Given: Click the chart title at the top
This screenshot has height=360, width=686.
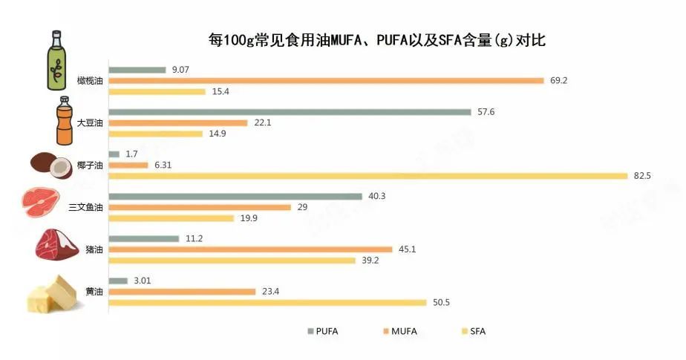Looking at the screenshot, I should [x=376, y=40].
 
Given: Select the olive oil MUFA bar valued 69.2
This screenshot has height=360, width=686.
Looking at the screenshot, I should [x=327, y=81].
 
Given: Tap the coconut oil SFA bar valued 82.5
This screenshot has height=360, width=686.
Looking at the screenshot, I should [x=368, y=176].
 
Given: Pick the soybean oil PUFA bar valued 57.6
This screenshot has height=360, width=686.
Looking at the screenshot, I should [x=290, y=112].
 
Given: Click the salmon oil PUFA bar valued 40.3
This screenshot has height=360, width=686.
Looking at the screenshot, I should [x=236, y=197].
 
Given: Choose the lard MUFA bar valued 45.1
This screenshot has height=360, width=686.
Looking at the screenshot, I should [x=250, y=249].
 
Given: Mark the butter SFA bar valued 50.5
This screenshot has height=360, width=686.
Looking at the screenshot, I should [x=267, y=303].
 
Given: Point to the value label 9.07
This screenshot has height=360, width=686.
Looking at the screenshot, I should [x=181, y=70].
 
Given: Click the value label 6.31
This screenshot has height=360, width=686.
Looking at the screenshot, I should [x=162, y=165].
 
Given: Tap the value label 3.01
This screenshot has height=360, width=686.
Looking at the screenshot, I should [x=142, y=281].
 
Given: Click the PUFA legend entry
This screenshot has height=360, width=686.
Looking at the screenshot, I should [x=322, y=331].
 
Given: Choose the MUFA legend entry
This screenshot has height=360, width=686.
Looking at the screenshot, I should [x=399, y=331].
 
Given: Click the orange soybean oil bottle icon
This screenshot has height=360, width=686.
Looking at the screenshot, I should [x=62, y=122].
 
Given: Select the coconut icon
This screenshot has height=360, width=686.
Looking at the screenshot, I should [x=50, y=166].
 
